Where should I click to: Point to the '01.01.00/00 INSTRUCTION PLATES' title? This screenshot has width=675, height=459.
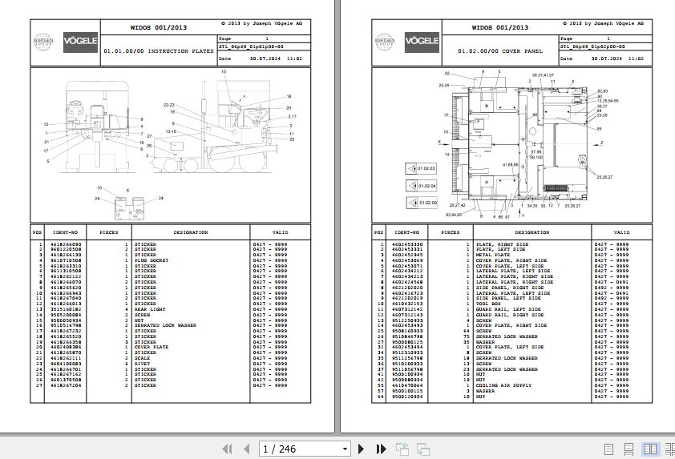159,50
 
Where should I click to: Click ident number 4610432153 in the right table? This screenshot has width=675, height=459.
408,304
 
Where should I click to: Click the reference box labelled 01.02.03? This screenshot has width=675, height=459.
422,169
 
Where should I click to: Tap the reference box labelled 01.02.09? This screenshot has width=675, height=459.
422,203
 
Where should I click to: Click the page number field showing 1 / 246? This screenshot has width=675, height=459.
305,449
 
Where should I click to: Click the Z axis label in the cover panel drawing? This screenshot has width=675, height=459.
601,143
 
